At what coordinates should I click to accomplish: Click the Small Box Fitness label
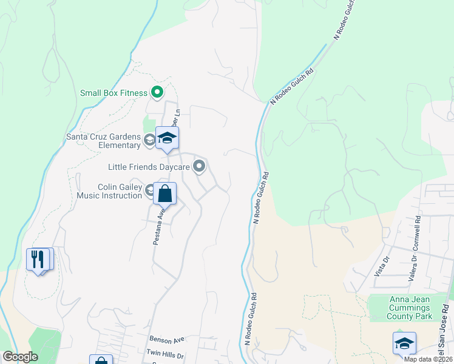114,93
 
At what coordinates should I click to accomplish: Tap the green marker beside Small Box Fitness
157,93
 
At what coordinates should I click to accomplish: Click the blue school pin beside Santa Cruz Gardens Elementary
167,138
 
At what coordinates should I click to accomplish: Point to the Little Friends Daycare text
149,166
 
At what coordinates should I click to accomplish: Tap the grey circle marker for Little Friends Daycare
199,166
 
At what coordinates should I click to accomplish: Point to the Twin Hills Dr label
164,352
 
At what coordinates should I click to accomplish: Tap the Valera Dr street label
412,270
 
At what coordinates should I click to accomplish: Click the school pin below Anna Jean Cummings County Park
404,343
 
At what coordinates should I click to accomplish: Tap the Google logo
20,357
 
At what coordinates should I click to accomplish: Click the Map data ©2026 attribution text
427,359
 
